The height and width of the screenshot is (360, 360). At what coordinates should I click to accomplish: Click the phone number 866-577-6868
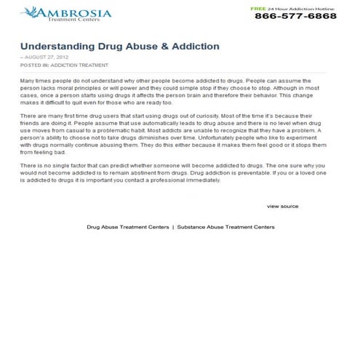pyautogui.click(x=295, y=16)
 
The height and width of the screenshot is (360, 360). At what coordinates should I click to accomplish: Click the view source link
pyautogui.click(x=282, y=206)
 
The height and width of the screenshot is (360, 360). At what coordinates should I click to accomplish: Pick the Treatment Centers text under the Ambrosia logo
pyautogui.click(x=69, y=20)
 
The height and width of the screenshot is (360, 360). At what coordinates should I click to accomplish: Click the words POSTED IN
pyautogui.click(x=33, y=65)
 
